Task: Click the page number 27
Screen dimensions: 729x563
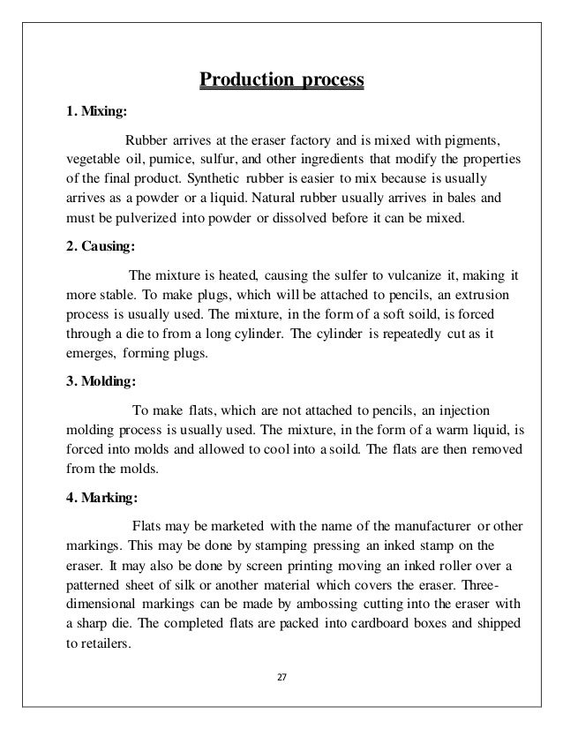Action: point(281,678)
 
